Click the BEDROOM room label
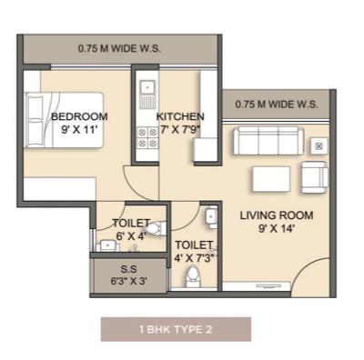(79, 116)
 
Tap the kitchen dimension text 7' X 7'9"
(180, 129)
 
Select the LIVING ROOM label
(277, 215)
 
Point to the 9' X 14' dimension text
(277, 228)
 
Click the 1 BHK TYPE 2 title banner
(176, 329)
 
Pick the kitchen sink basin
(147, 86)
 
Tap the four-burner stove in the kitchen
(147, 138)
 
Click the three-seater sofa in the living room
(268, 141)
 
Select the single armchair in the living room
(315, 177)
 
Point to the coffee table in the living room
(271, 179)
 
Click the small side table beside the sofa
(318, 146)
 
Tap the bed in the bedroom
(64, 120)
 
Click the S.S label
(129, 269)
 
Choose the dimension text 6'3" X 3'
(129, 281)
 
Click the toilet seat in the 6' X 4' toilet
(157, 228)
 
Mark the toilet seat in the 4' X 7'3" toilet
(193, 276)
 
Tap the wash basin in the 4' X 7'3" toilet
(211, 217)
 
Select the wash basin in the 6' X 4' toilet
(107, 245)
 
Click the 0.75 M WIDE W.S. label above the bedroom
(119, 49)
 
